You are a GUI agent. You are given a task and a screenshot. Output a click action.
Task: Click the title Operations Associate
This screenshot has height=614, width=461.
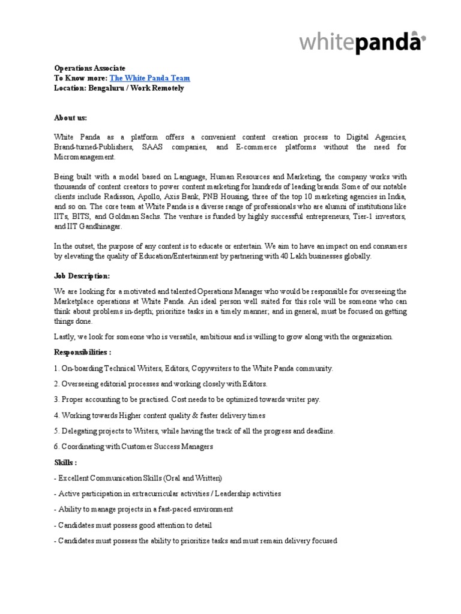(x=90, y=69)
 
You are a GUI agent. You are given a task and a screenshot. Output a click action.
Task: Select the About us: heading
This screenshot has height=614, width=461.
(x=70, y=118)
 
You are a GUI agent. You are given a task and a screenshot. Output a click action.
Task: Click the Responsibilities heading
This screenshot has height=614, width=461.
(x=81, y=353)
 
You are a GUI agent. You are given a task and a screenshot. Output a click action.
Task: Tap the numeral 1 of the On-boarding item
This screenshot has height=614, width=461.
(x=56, y=368)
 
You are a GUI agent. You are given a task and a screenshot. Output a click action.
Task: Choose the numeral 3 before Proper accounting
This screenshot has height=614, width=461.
(x=56, y=399)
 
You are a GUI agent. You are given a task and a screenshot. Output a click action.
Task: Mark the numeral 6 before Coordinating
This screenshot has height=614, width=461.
(x=56, y=447)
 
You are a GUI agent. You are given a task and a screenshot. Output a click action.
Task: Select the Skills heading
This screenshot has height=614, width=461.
(x=65, y=462)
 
